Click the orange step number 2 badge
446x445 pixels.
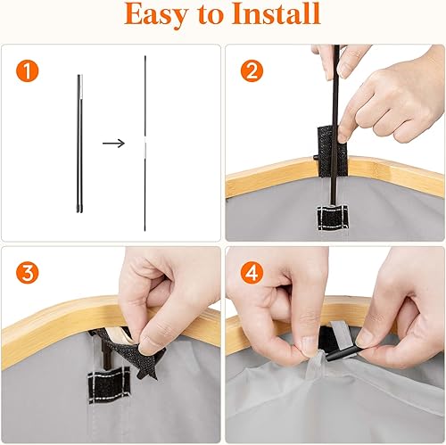pyautogui.click(x=252, y=71)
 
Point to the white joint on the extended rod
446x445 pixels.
pyautogui.click(x=145, y=142)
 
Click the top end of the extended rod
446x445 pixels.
pyautogui.click(x=145, y=59)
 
